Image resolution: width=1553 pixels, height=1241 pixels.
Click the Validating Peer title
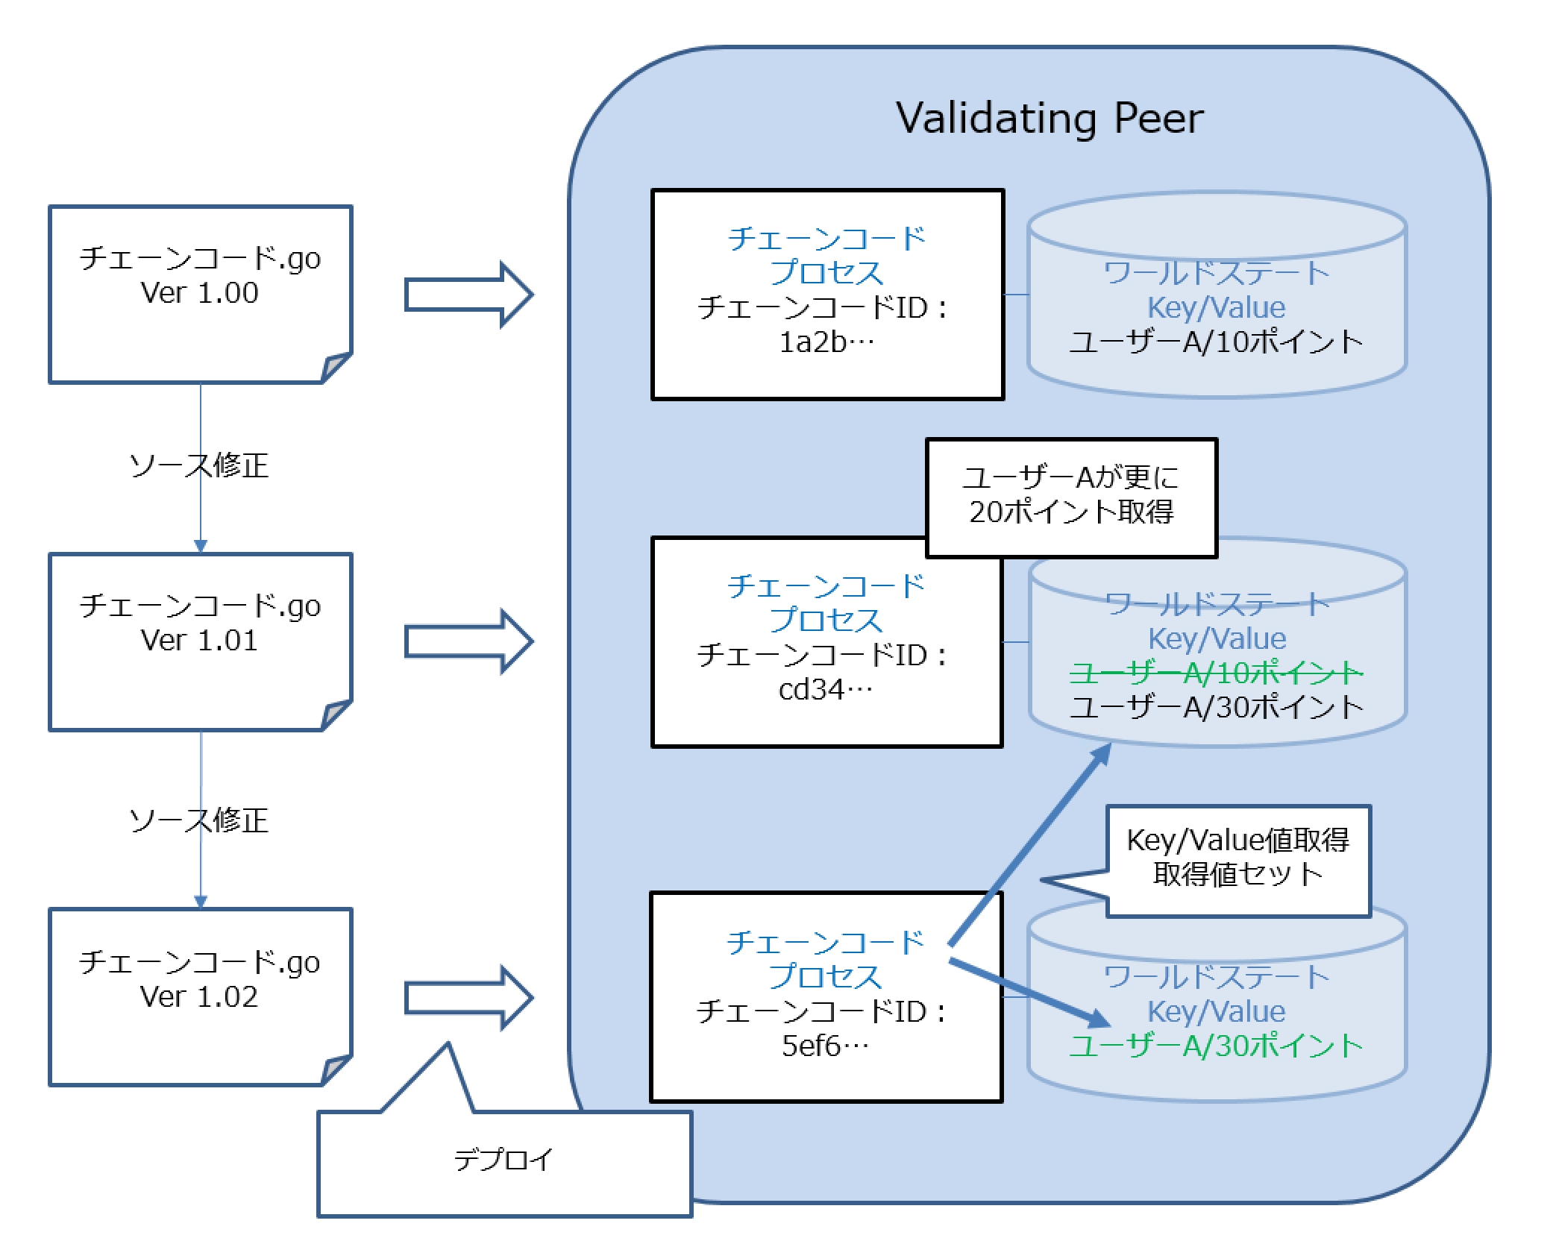coord(1049,119)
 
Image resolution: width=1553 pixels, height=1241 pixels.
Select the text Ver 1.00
coord(199,293)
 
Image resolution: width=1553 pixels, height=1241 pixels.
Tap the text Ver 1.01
coord(199,641)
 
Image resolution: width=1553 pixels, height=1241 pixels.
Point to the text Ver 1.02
coord(199,997)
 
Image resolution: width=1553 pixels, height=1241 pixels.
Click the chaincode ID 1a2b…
coord(826,342)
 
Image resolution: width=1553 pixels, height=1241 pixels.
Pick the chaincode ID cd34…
coord(825,690)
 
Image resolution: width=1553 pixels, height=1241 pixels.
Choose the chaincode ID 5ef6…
coord(825,1046)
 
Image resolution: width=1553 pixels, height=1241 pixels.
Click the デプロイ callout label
coord(504,1160)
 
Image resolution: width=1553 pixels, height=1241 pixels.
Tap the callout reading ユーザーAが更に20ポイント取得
coord(1071,496)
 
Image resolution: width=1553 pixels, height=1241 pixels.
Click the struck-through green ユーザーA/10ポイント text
coord(1216,673)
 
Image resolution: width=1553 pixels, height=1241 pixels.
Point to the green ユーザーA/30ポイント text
coord(1216,1046)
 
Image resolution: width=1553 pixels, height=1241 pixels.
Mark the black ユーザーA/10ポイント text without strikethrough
coord(1216,342)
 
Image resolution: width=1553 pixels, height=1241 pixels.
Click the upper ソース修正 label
coord(199,466)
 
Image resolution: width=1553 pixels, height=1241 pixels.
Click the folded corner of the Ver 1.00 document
coord(336,368)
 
